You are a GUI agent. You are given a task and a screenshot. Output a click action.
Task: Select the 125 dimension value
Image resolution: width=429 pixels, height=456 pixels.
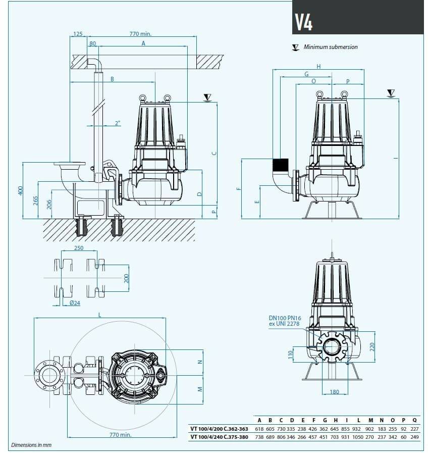[x=78, y=34]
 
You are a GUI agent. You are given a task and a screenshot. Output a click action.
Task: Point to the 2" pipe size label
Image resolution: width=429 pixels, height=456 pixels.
[x=118, y=123]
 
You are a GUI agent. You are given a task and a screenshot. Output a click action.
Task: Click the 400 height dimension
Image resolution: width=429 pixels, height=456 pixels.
[x=21, y=190]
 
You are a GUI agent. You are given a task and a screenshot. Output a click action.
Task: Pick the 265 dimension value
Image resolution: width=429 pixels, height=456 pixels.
[x=35, y=200]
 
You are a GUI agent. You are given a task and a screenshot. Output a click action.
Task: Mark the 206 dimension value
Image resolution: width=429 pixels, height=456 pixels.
[x=49, y=204]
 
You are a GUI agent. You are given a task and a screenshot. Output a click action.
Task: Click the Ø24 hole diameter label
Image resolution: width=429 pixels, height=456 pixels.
[x=75, y=303]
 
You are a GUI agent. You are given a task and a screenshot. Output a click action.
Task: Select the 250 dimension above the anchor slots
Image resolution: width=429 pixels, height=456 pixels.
[x=78, y=248]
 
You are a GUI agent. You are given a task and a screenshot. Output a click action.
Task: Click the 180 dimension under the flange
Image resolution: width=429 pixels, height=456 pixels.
[x=334, y=392]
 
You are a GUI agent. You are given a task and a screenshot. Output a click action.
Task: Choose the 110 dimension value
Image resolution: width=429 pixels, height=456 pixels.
[x=290, y=354]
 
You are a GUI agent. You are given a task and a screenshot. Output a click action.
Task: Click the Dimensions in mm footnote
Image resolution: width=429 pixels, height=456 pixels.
[x=31, y=445]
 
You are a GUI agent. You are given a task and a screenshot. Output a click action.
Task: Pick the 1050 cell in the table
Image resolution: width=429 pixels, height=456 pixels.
[x=357, y=437]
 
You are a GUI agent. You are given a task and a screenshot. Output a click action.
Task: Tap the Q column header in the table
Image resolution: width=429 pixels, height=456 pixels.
[x=414, y=420]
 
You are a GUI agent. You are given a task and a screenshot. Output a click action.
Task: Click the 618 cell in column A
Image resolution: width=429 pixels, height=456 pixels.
[x=259, y=429]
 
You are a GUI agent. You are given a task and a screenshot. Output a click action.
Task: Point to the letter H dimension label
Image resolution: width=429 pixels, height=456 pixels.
[x=318, y=66]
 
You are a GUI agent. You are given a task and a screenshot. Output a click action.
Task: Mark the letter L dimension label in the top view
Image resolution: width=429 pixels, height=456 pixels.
[x=100, y=314]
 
